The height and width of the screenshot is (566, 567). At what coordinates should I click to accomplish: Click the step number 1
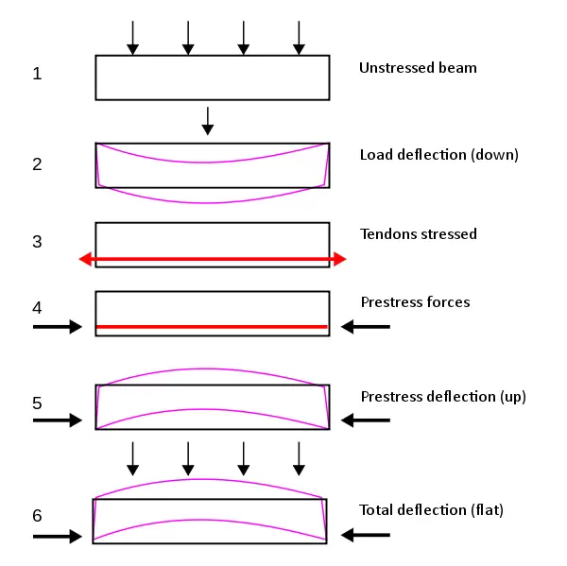[x=37, y=74]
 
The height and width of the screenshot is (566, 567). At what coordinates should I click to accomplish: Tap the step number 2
[x=37, y=163]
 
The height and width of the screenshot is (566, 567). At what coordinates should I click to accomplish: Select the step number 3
[x=37, y=241]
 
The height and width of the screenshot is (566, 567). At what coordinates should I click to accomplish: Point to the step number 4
[x=37, y=307]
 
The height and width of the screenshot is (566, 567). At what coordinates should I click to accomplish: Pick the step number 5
[x=37, y=403]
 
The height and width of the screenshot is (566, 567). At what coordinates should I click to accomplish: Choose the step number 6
[x=37, y=516]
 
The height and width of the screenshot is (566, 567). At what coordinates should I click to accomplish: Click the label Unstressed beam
[x=418, y=68]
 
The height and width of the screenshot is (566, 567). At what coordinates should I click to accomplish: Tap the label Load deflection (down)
[x=438, y=155]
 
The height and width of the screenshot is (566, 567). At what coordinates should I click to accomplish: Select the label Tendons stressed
[x=419, y=233]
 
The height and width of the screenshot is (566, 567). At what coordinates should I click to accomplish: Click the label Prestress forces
[x=415, y=302]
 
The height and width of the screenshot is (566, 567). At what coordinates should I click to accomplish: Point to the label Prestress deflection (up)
[x=443, y=397]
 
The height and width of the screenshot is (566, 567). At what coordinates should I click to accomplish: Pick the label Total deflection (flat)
[x=431, y=510]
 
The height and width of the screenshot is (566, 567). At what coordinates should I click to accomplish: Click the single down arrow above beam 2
[x=208, y=120]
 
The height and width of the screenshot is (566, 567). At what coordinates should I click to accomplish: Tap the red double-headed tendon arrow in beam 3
[x=213, y=258]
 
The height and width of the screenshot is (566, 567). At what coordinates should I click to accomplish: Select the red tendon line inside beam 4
[x=213, y=327]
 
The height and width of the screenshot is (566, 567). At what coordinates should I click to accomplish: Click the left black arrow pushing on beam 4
[x=59, y=327]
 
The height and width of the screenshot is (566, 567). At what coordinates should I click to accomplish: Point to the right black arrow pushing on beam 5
[x=366, y=420]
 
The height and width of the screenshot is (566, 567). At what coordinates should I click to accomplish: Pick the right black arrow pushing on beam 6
[x=366, y=535]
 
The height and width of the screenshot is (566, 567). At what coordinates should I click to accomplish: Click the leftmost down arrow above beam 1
[x=132, y=37]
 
